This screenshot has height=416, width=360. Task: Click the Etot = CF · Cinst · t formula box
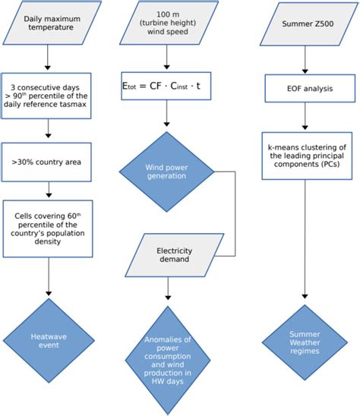pyautogui.click(x=166, y=86)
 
